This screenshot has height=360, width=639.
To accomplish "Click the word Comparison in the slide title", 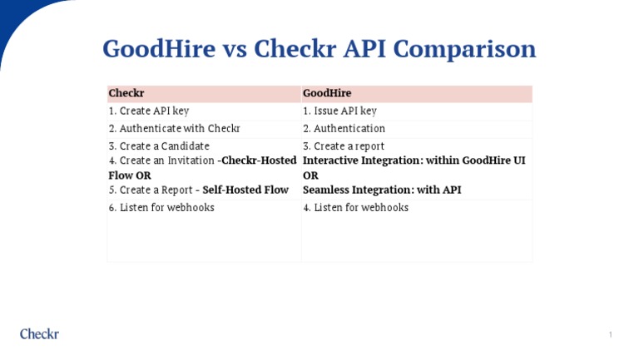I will tap(463, 50).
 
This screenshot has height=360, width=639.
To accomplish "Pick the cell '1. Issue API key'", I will tap(339, 111).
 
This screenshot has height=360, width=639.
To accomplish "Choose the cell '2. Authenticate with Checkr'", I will tap(174, 129).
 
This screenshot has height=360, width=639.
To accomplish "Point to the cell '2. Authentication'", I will tap(344, 129).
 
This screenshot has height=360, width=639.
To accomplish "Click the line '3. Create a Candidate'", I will tap(159, 146).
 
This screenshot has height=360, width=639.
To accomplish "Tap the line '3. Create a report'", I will tap(344, 146).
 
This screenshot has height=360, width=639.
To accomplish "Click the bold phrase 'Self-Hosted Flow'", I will tap(245, 190).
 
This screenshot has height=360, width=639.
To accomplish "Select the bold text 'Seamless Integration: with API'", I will tap(382, 190).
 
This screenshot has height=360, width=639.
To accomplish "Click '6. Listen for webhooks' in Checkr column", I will tap(161, 208).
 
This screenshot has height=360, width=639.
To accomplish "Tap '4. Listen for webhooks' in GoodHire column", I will tap(355, 208).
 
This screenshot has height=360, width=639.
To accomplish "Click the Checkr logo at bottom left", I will tap(39, 334).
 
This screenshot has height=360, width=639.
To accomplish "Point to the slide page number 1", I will tap(610, 335).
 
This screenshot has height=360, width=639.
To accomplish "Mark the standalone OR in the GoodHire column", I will tap(310, 175).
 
